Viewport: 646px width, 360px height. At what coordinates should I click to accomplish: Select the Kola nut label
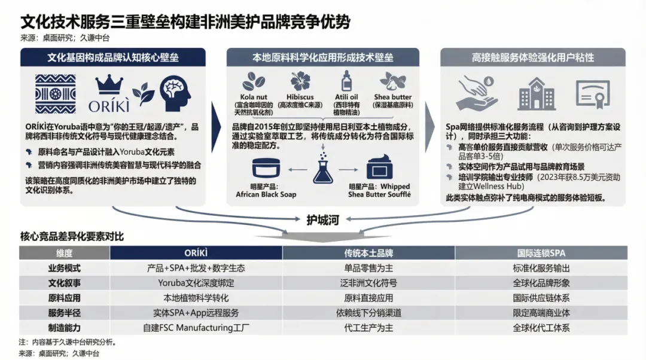(254, 97)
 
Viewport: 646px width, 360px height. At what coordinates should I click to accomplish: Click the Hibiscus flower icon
(300, 81)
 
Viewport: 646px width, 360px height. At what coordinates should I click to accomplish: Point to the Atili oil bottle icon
(346, 81)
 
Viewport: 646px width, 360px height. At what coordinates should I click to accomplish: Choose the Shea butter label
(393, 97)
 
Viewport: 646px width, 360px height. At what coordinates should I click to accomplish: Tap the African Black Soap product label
(266, 191)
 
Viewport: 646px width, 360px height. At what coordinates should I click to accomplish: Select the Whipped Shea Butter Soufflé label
(379, 191)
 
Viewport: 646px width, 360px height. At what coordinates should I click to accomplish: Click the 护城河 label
(322, 220)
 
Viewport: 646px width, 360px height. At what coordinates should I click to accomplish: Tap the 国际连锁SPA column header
(541, 253)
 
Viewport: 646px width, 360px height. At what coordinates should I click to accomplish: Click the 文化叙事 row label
(64, 283)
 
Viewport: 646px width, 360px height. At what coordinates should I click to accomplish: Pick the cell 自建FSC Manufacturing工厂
(196, 328)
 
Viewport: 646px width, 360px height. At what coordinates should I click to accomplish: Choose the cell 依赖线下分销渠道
(368, 313)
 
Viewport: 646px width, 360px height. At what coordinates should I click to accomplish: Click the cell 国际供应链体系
(541, 298)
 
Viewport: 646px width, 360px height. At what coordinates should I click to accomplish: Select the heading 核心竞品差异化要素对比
(72, 236)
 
